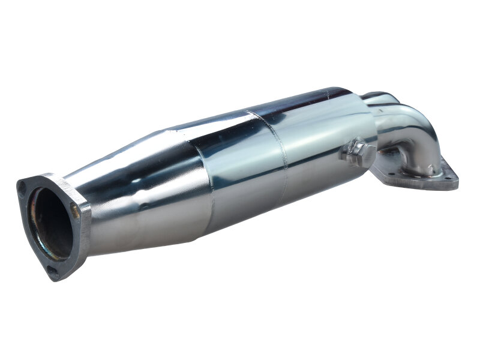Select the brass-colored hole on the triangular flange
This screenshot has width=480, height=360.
(x=74, y=209)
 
